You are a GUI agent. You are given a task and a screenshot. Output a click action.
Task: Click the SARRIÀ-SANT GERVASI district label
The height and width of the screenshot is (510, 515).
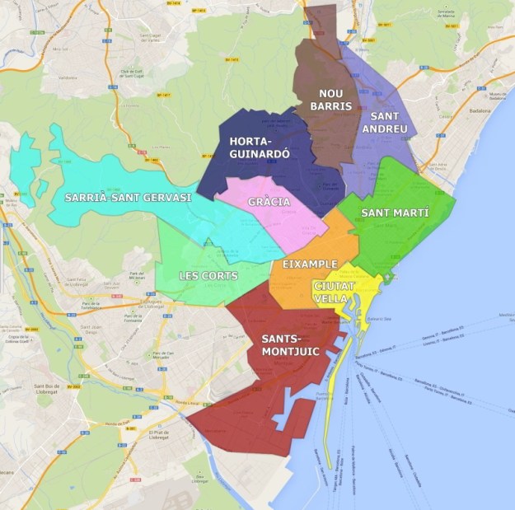(x=128, y=198)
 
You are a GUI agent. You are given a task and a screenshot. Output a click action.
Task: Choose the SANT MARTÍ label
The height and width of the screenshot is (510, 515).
(x=396, y=213)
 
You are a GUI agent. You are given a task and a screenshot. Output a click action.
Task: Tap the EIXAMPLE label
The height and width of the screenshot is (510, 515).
(x=309, y=264)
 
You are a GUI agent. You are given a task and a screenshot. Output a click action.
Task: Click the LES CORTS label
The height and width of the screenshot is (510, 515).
(x=208, y=275)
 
